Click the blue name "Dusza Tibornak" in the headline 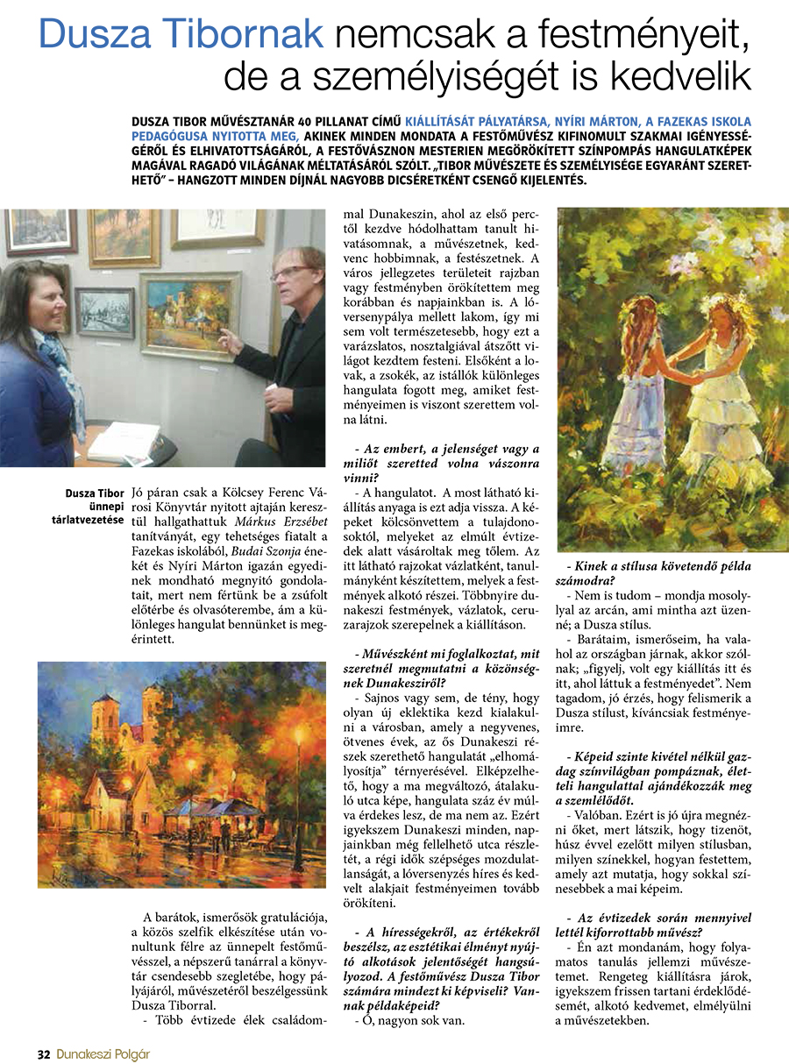(181, 36)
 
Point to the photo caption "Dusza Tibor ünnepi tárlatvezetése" (94, 507)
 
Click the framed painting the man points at (190, 316)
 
